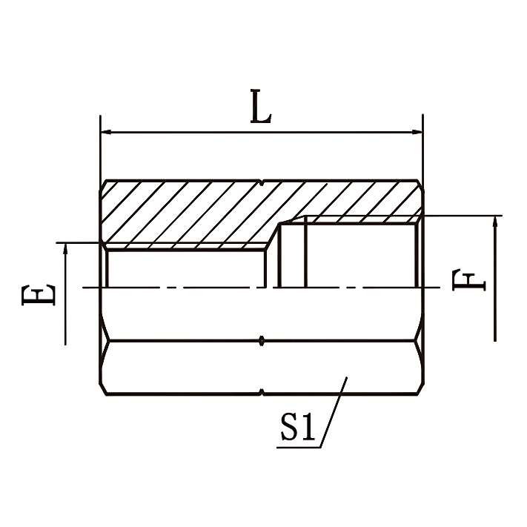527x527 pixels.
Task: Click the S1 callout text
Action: pos(299,428)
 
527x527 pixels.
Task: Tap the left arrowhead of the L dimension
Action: pos(105,133)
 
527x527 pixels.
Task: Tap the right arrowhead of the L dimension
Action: pos(417,133)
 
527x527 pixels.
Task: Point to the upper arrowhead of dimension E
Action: pos(66,248)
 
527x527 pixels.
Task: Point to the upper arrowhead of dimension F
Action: pos(495,221)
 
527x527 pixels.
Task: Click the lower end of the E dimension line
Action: pos(66,342)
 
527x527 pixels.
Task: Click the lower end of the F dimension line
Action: pos(495,339)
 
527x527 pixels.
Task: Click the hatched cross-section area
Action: pos(193,215)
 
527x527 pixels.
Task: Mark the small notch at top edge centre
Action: pos(262,182)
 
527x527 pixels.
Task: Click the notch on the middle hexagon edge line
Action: pos(262,341)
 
